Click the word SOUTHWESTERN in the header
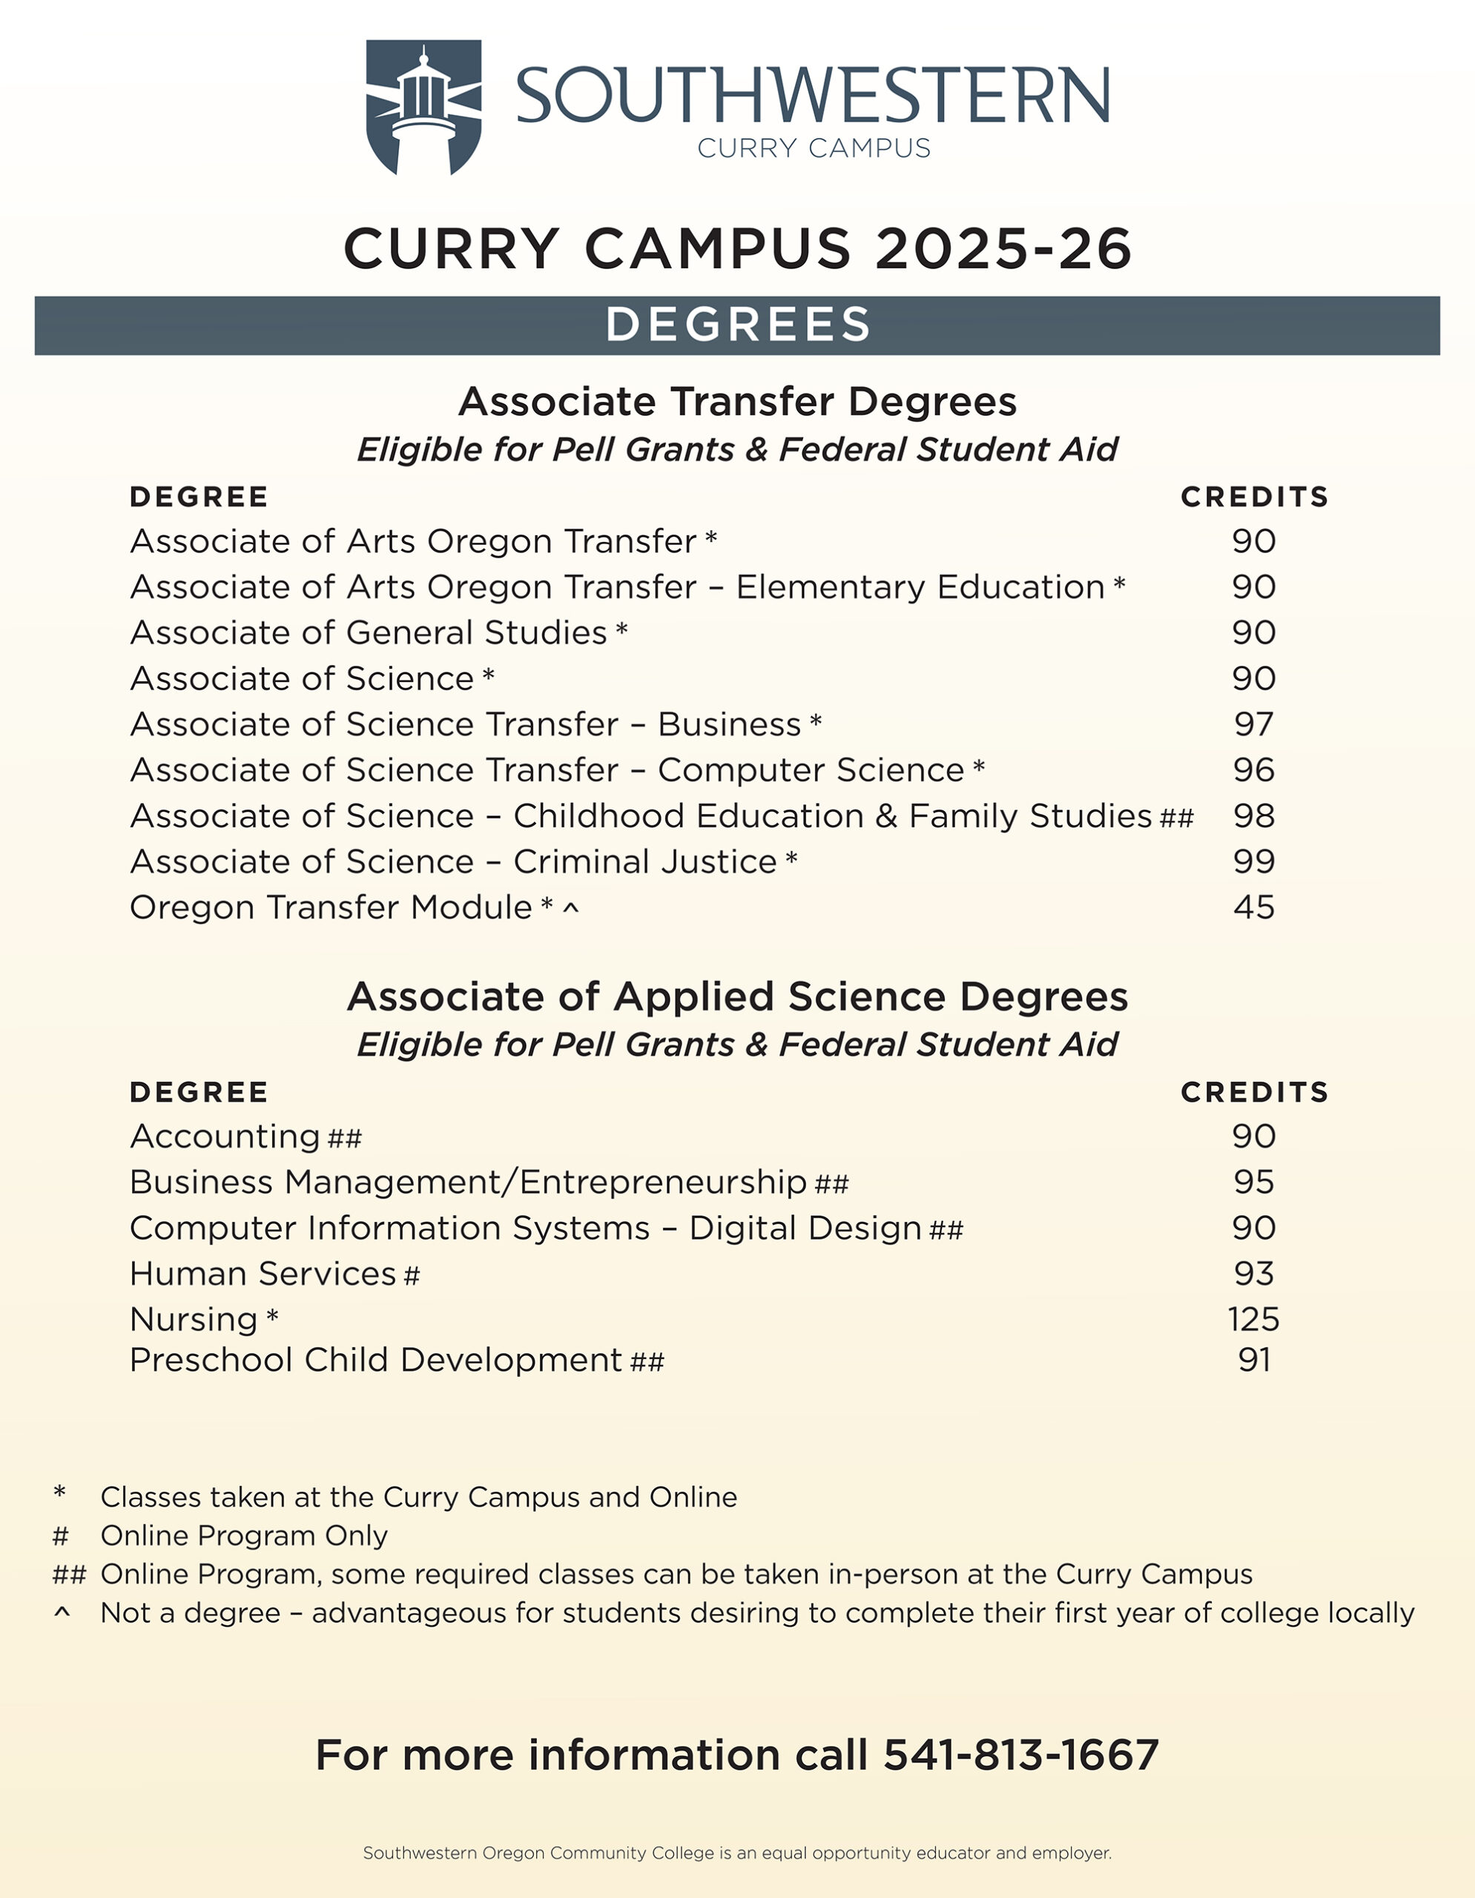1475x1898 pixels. [812, 96]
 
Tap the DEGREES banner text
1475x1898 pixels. [737, 325]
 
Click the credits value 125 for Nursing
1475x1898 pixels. [1253, 1319]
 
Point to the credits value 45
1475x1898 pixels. [1253, 907]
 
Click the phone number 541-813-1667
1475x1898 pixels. [1020, 1755]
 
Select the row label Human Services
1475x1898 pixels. [263, 1274]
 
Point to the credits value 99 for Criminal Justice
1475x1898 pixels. [1253, 862]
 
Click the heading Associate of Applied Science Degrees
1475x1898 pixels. [737, 996]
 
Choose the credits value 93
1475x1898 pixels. [1253, 1274]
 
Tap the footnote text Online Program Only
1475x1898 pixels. [243, 1535]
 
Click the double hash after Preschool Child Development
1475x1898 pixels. [647, 1362]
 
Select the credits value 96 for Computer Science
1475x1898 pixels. [1253, 770]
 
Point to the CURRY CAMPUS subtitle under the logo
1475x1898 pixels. [814, 148]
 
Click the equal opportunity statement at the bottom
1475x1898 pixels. [737, 1853]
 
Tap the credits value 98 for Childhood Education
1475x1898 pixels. [1253, 816]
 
